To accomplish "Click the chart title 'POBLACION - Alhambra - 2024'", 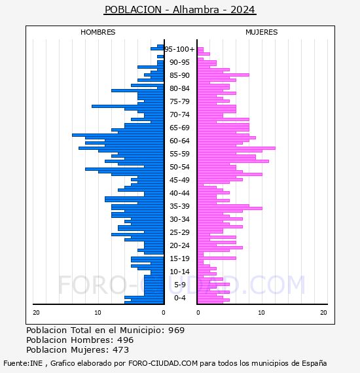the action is (180, 10).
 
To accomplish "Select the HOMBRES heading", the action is (98, 32).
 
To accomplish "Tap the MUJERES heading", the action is (262, 32).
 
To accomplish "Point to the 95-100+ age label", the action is (179, 49).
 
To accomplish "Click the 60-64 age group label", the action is (179, 141).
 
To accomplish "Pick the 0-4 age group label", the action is (179, 298).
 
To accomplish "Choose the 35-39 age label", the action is (179, 206).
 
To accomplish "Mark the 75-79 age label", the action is (179, 101).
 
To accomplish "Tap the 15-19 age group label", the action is (179, 258).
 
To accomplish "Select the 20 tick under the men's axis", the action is (36, 313).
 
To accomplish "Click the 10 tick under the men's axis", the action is (98, 313).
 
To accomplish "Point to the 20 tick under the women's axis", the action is (323, 313).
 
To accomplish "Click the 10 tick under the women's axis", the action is (261, 313).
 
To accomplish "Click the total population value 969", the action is (176, 330).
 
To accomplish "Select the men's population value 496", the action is (126, 340).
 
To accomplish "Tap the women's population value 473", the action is (120, 350).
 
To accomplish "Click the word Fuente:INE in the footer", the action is (23, 363).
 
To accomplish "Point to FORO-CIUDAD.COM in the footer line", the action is (163, 363).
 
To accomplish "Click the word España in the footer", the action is (314, 363).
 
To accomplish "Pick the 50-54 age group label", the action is (179, 167).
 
